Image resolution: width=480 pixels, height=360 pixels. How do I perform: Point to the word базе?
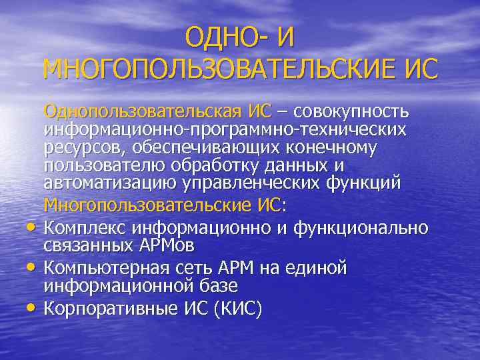point(217,286)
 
